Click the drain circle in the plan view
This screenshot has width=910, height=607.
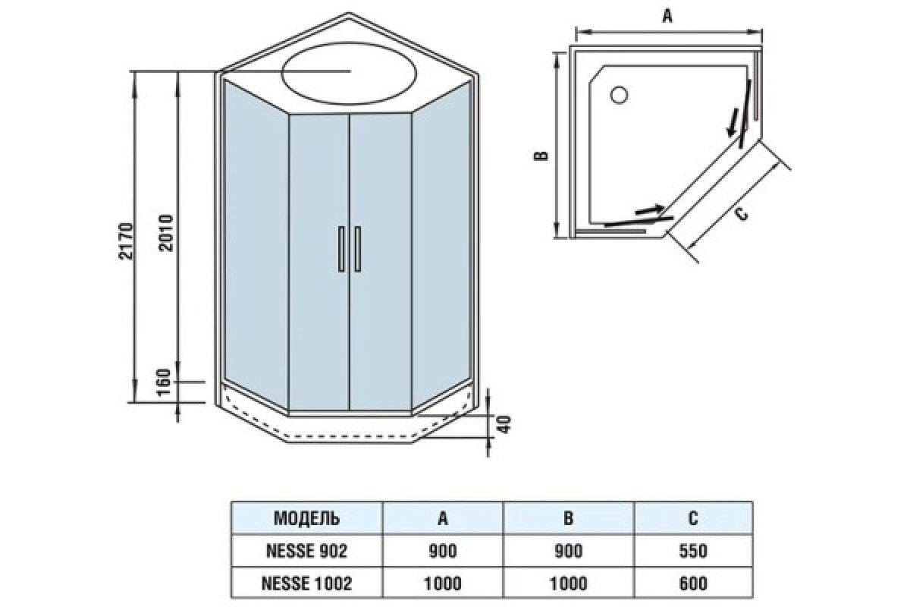(x=619, y=95)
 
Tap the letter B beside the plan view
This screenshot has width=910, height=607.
(x=540, y=156)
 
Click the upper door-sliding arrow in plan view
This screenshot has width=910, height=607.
(x=732, y=122)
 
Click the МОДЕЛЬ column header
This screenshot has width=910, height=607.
(x=306, y=519)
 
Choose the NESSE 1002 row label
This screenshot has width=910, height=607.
(x=306, y=583)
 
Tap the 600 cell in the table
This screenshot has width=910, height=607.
(x=692, y=583)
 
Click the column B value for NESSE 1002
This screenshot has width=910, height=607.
(x=568, y=583)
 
